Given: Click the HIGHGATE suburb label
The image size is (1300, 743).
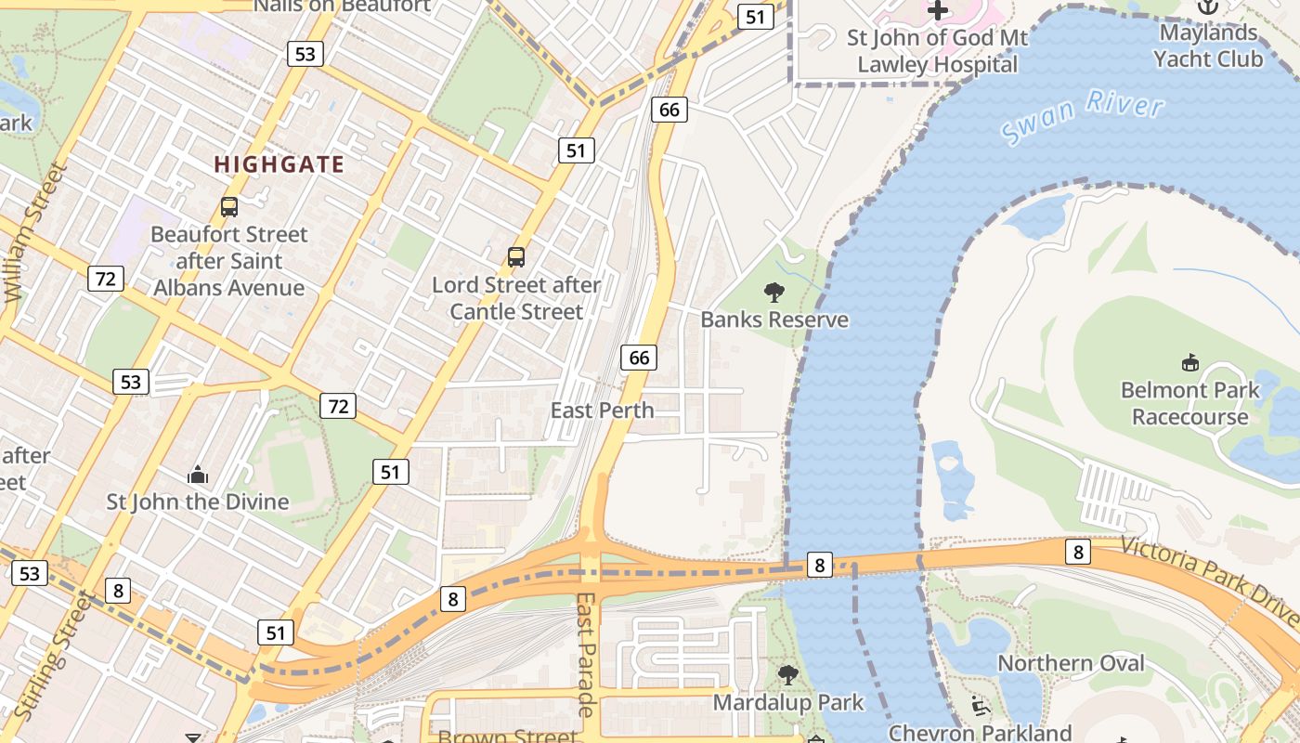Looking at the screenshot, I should [x=279, y=165].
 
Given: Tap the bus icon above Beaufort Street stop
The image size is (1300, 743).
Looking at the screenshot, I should [x=229, y=207].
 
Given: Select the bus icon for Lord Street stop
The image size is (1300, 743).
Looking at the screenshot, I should [x=516, y=257].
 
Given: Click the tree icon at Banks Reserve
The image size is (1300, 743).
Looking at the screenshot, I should [x=773, y=293].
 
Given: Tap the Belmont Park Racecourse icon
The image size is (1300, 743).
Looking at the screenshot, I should [x=1189, y=362].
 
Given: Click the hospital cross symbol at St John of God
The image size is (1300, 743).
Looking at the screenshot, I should [x=938, y=10].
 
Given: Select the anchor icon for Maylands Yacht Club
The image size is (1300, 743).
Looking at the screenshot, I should [x=1207, y=7].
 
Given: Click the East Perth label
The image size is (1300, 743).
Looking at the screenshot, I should [x=603, y=411].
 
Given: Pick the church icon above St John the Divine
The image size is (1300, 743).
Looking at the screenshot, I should [x=198, y=476].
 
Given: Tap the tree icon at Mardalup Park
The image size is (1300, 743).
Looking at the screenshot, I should [x=787, y=675].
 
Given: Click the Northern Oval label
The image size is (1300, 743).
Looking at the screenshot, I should [x=1072, y=663].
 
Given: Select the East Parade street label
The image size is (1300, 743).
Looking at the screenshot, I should [x=585, y=655].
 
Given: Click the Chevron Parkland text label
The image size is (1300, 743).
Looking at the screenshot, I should [x=981, y=733].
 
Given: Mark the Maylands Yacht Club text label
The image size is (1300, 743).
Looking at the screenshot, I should [x=1207, y=46].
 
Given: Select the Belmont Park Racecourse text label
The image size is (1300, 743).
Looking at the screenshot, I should [x=1189, y=403].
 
